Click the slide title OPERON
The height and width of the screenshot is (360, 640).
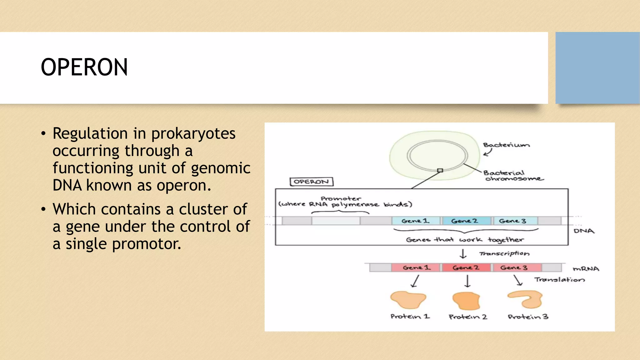[x=84, y=67]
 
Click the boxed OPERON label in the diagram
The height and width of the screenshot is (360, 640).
[x=311, y=182]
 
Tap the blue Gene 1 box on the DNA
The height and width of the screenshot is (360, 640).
[x=416, y=221]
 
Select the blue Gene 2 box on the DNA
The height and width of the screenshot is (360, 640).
[x=465, y=221]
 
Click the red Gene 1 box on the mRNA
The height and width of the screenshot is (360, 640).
[x=416, y=267]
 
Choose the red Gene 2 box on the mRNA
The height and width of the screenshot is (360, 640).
[x=466, y=267]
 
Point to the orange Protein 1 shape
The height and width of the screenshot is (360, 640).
[x=408, y=300]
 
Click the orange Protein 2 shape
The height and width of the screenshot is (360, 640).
[x=466, y=301]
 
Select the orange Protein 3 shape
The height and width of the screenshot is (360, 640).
[x=526, y=299]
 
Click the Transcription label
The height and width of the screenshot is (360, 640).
[x=504, y=253]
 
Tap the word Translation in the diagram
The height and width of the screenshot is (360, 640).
[x=559, y=279]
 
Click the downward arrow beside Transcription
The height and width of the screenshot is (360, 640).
[x=463, y=253]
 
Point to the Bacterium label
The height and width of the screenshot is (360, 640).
[x=506, y=145]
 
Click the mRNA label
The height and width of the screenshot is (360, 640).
[x=586, y=269]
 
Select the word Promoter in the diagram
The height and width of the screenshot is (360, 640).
[x=341, y=198]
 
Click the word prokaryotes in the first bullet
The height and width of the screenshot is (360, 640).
[x=193, y=134]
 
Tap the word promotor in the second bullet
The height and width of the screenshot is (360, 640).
[x=147, y=244]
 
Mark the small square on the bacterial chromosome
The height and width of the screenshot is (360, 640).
[x=440, y=170]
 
